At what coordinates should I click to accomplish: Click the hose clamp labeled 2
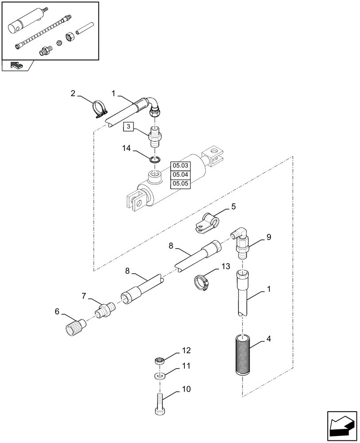[100, 110]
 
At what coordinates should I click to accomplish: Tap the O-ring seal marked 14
[154, 160]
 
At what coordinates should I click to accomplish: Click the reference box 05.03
[180, 166]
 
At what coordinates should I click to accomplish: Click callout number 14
[126, 149]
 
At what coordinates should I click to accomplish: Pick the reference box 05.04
[180, 175]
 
